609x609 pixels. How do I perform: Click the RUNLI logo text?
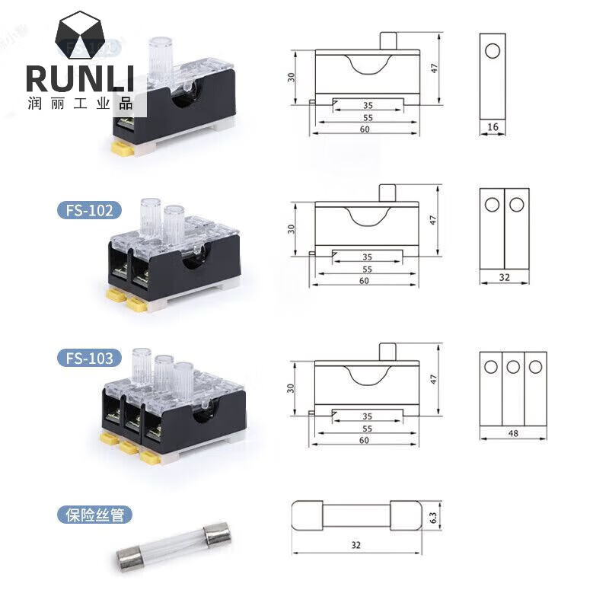[80, 79]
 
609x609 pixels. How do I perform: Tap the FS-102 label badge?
[88, 209]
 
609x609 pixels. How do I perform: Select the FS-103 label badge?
[88, 358]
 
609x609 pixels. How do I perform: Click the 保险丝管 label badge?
[94, 515]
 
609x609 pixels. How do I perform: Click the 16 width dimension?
[493, 127]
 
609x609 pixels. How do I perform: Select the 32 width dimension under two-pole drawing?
[504, 278]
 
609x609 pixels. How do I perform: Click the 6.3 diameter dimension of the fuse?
[432, 516]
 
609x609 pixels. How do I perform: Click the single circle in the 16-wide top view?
[493, 51]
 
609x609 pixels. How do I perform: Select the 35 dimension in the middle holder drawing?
[367, 257]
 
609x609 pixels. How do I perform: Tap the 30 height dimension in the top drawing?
[292, 78]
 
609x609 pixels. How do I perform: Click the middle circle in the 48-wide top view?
[513, 368]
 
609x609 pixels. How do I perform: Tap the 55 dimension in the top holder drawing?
[367, 118]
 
